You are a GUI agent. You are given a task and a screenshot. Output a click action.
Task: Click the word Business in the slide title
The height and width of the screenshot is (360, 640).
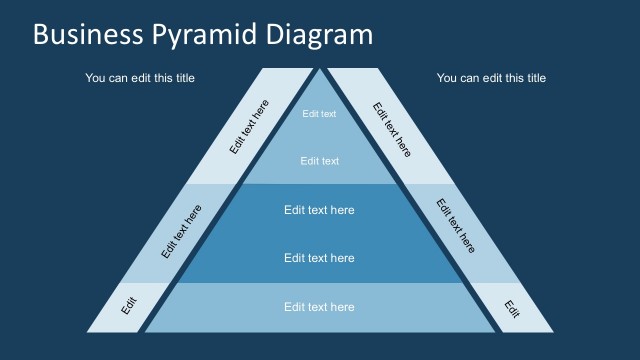pos(88,35)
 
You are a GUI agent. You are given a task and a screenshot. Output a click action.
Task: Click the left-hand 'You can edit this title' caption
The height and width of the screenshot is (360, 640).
pos(140,78)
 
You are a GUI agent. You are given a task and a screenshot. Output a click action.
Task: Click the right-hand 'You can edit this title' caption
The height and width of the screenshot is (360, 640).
pos(491,78)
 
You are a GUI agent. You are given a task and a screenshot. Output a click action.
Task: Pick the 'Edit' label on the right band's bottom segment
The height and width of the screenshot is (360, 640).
pos(512,308)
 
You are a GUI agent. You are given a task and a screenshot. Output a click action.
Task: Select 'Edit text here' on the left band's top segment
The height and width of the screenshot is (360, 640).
pos(249,127)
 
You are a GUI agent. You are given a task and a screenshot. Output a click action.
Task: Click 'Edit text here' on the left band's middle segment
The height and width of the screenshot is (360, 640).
pos(181,232)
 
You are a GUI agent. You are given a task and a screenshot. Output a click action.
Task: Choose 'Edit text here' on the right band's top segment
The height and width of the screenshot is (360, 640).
pos(392,129)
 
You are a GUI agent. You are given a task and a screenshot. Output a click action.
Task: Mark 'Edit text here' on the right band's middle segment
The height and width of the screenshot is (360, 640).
pos(456,225)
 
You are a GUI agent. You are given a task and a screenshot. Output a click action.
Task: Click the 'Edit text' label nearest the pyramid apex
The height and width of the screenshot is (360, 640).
pos(320,114)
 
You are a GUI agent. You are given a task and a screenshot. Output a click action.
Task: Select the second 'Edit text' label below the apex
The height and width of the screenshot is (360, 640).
pos(320,161)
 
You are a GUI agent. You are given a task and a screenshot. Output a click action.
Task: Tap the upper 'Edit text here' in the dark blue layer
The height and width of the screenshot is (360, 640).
pos(319,210)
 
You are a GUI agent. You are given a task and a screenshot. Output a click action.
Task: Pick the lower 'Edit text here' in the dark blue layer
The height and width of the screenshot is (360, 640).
pos(319,258)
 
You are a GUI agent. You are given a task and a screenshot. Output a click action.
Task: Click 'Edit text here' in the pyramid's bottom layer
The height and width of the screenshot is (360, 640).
pos(319,307)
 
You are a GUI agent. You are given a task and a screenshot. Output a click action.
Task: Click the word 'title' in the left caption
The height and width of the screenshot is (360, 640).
pos(183,78)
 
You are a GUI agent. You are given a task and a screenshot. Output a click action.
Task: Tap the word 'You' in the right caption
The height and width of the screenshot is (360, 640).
pos(447,78)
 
